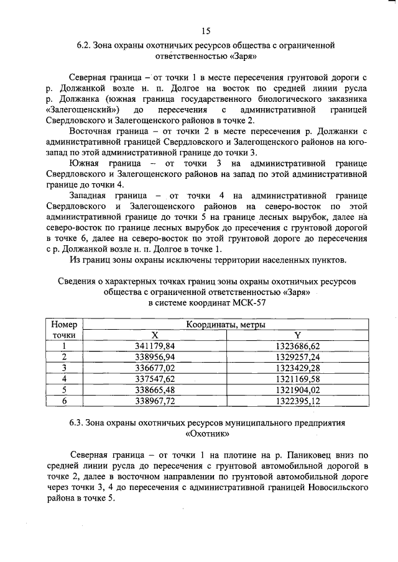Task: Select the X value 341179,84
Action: (155, 345)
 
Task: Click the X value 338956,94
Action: (155, 356)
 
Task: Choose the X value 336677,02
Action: (155, 368)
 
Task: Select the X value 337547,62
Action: (155, 379)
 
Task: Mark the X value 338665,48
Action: (155, 390)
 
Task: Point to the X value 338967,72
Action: (155, 401)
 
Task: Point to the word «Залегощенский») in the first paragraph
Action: (83, 109)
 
